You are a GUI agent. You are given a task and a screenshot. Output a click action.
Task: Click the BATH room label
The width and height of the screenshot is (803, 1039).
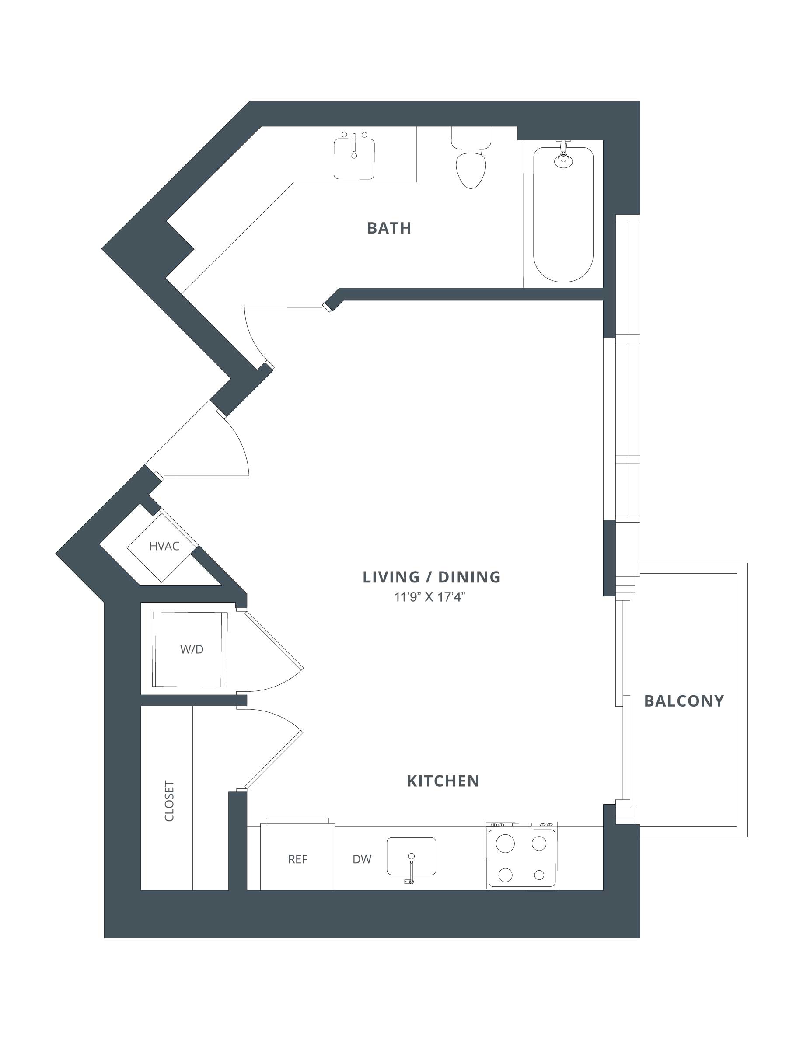tap(389, 228)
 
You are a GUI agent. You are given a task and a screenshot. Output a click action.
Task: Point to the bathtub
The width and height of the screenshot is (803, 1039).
tap(563, 214)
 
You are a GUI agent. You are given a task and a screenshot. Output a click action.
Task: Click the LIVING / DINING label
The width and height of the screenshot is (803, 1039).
tap(432, 577)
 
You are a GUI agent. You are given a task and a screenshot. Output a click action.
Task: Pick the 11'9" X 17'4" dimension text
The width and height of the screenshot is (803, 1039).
tap(429, 597)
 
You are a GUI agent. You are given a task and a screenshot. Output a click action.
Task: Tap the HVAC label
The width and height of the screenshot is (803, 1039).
tap(164, 546)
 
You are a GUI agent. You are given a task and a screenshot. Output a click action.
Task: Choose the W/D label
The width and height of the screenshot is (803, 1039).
tap(192, 649)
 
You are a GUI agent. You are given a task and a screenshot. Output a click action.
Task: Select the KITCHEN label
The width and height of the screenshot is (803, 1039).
tap(443, 781)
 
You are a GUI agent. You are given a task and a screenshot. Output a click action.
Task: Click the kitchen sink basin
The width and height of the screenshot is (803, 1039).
tap(411, 856)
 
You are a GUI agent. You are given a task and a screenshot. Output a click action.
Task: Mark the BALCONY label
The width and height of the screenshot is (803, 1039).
tap(684, 701)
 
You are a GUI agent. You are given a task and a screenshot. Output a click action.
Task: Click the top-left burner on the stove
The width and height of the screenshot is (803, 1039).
tap(505, 844)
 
